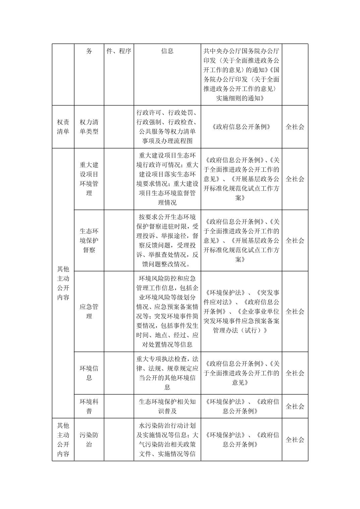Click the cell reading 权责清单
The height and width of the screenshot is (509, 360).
pos(63,127)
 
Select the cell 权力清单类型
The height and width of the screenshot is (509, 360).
pos(89,127)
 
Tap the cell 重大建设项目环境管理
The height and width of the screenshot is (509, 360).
pos(89,179)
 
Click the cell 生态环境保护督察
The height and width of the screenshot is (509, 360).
pos(89,240)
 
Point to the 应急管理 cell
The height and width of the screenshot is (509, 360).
pos(89,311)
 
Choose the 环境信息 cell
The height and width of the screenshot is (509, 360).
pos(89,373)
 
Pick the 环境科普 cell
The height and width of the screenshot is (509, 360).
pos(89,406)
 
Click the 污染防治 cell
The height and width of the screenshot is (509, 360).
pos(89,440)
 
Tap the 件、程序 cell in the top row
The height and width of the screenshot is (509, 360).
pos(119,51)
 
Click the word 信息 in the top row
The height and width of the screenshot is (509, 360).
pos(167,51)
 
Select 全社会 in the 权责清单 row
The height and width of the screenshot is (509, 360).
pos(295,127)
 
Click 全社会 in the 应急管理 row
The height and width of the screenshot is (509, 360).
pos(295,311)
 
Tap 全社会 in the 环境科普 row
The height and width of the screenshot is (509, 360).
pos(295,406)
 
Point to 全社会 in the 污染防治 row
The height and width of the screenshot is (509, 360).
pos(295,440)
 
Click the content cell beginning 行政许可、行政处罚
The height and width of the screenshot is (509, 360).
pos(167,127)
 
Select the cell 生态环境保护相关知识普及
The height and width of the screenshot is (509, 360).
pos(167,406)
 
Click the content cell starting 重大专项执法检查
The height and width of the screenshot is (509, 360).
pos(167,373)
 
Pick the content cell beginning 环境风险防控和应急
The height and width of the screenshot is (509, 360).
pos(167,311)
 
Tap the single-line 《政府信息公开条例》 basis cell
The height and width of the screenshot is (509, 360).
pos(241,127)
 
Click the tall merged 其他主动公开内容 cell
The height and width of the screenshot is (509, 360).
pos(63,283)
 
